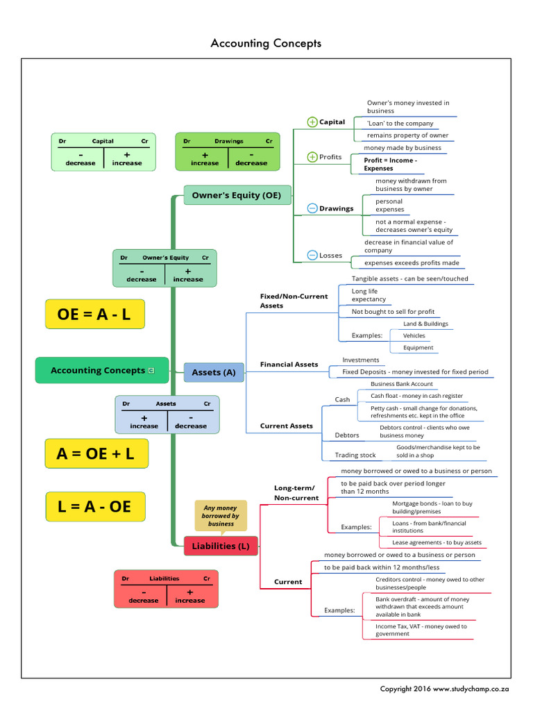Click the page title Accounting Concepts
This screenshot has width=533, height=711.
pyautogui.click(x=266, y=43)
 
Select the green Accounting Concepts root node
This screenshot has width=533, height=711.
pyautogui.click(x=101, y=370)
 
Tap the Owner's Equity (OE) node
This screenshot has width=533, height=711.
pyautogui.click(x=237, y=195)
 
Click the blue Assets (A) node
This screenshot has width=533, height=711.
pyautogui.click(x=214, y=372)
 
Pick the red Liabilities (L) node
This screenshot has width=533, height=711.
pyautogui.click(x=221, y=546)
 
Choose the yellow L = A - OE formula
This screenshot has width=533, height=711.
pyautogui.click(x=96, y=506)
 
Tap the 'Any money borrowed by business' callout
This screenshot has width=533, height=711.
pyautogui.click(x=220, y=516)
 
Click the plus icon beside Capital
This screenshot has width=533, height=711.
pyautogui.click(x=312, y=122)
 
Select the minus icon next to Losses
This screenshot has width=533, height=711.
pyautogui.click(x=312, y=256)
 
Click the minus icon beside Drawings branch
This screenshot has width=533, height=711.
pyautogui.click(x=312, y=208)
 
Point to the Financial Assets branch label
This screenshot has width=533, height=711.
pyautogui.click(x=289, y=365)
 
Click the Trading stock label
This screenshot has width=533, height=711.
pyautogui.click(x=355, y=455)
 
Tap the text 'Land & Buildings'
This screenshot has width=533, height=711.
pyautogui.click(x=425, y=324)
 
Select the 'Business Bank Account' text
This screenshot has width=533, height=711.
pyautogui.click(x=401, y=384)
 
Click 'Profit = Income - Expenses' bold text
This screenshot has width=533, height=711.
pyautogui.click(x=390, y=164)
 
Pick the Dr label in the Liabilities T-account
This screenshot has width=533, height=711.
pyautogui.click(x=126, y=578)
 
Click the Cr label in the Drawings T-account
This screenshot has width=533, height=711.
pyautogui.click(x=269, y=141)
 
